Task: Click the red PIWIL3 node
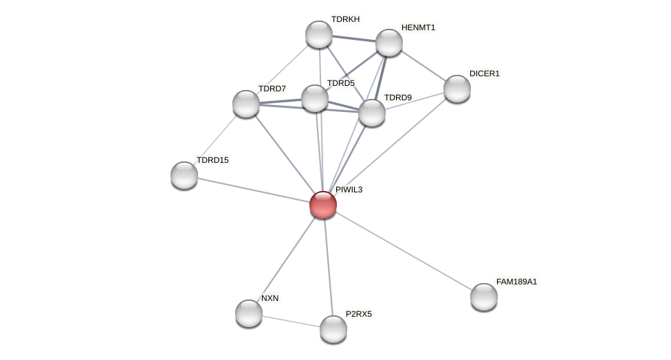coord(322,205)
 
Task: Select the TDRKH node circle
coord(319,34)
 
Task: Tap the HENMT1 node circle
coord(388,43)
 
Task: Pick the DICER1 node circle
coord(456,89)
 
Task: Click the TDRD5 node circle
coord(315,98)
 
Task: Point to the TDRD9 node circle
coord(372,113)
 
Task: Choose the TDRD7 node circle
coord(246,104)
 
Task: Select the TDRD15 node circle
coord(184,175)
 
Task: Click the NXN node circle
coord(249,313)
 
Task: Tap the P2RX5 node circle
coord(333,329)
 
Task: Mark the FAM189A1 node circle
coord(484,297)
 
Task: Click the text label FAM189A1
coord(516,282)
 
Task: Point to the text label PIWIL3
coord(349,190)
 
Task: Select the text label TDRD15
coord(212,160)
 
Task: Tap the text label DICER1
coord(485,74)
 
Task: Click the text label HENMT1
coord(418,27)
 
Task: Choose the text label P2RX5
coord(358,314)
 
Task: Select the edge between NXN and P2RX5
coord(291,321)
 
